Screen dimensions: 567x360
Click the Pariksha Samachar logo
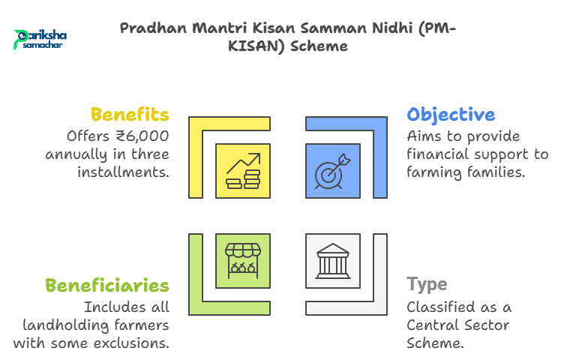(40, 40)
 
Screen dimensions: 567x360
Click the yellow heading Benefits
(130, 115)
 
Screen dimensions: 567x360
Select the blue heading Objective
(451, 115)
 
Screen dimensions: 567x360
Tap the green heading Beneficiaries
(107, 285)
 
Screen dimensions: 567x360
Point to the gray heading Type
(427, 285)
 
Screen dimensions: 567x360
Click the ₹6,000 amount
(142, 136)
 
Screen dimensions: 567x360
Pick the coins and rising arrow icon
(243, 171)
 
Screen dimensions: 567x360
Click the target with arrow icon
(333, 171)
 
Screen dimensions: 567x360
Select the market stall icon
(243, 260)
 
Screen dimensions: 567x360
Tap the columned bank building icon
(333, 261)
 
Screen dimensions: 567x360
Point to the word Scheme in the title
(319, 46)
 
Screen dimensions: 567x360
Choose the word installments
(123, 172)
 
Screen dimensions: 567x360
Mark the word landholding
(66, 325)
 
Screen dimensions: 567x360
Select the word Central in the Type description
(433, 325)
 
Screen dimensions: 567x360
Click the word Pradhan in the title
(153, 28)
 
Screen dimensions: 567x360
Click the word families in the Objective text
(496, 172)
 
